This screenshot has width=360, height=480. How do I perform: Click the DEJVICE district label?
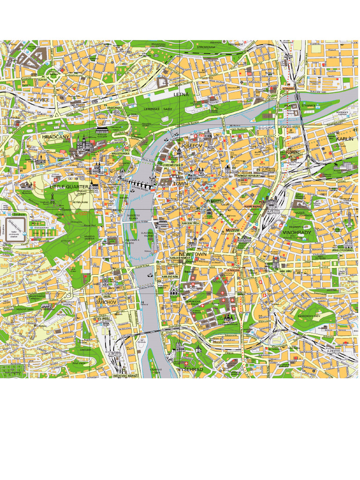pos(40,100)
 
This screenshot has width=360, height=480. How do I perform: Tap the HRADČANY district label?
pos(55,137)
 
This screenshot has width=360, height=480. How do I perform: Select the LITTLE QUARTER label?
pos(68,187)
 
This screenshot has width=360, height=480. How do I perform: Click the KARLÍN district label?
pos(345,139)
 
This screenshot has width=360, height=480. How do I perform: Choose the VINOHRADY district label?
pos(297,232)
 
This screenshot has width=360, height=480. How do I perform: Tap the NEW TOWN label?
pos(193,254)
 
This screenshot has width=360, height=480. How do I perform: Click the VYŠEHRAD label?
pos(190,369)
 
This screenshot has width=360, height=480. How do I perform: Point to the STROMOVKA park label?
pos(206,47)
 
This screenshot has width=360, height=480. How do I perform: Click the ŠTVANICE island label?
pos(308,106)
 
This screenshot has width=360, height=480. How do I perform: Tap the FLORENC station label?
pos(293,152)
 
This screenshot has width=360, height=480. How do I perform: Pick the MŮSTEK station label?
pos(217,202)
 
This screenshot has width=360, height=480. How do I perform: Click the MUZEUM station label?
pos(232,231)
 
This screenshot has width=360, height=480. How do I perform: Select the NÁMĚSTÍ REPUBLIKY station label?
pos(249,175)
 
